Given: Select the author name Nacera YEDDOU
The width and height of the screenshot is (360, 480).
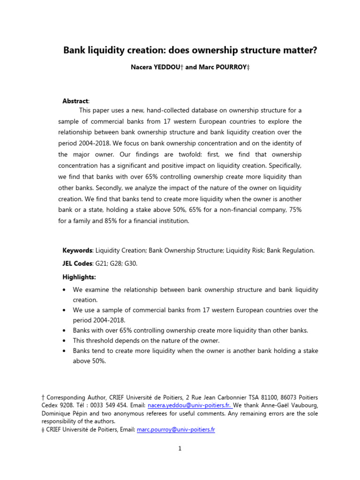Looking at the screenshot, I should tap(156, 67).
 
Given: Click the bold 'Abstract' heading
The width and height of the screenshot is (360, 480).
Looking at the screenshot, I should tap(75, 101).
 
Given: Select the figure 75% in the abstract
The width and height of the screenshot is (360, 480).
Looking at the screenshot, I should tap(294, 209).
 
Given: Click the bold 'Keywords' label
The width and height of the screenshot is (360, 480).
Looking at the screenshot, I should tap(77, 250).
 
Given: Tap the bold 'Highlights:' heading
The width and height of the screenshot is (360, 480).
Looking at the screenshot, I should tap(79, 277).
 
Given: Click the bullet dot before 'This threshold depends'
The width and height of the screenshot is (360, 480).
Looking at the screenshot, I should tap(64, 340).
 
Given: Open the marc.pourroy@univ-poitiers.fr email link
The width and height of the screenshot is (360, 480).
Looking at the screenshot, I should tap(176, 429).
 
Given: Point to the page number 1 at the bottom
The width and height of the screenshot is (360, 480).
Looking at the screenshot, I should tap(180, 449).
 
